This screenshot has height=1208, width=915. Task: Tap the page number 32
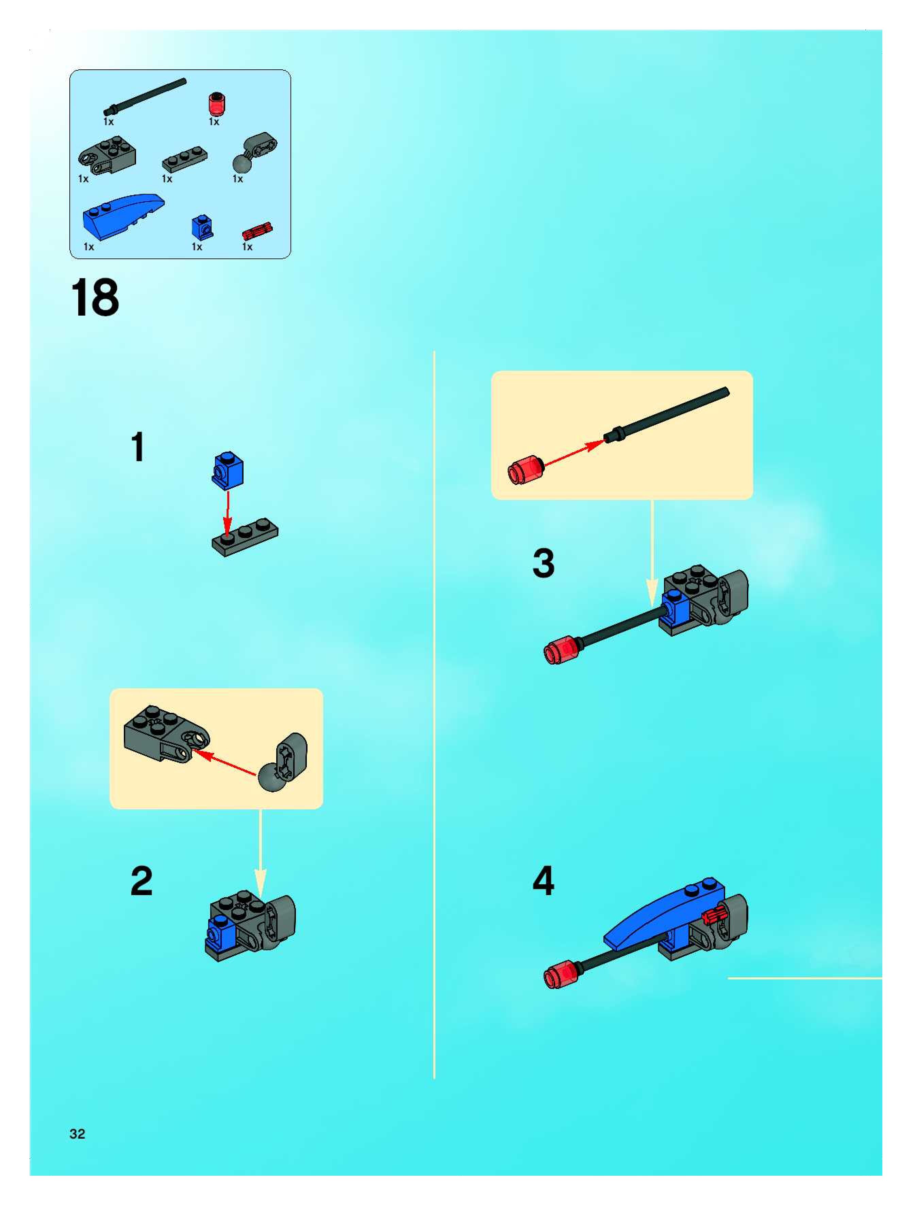78,1134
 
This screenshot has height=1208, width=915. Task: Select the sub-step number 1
138,447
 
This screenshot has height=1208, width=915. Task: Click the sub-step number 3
544,563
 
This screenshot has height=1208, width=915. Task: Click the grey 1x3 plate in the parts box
185,158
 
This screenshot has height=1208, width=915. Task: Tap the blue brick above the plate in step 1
227,469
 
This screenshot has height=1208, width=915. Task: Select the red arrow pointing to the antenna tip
573,453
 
